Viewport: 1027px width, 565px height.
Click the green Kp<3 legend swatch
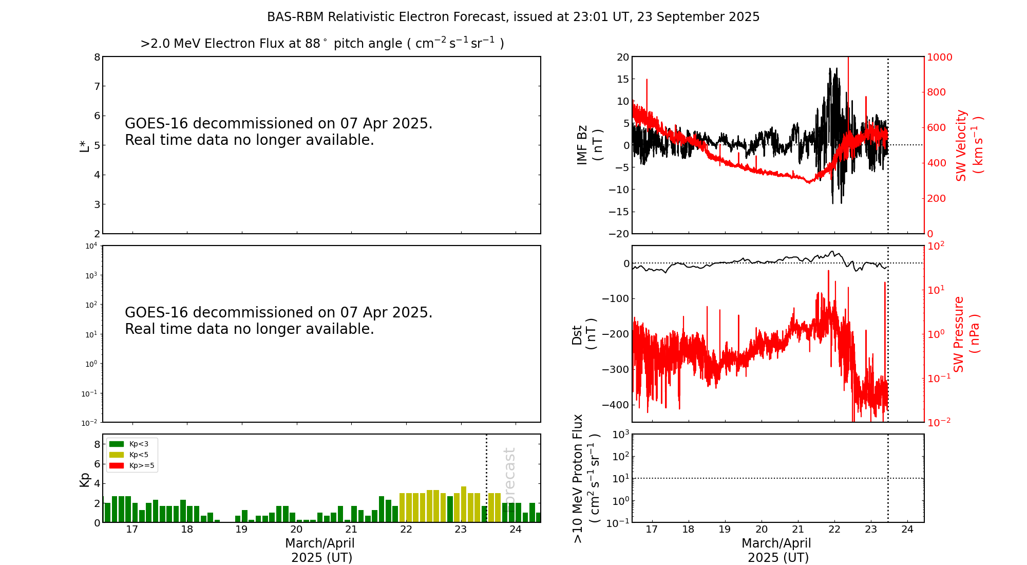point(117,444)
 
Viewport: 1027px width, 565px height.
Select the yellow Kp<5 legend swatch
point(117,455)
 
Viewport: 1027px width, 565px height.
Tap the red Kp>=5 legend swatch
point(117,466)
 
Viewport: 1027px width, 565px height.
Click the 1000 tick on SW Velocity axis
point(939,57)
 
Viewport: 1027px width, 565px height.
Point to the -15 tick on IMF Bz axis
point(619,212)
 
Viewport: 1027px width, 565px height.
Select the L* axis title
point(84,146)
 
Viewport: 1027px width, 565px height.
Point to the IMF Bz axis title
point(589,145)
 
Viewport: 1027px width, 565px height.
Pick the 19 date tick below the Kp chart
point(241,530)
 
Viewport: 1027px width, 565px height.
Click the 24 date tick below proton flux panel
point(907,530)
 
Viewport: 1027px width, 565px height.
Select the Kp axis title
point(84,480)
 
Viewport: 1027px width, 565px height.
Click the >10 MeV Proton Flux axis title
point(585,479)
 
